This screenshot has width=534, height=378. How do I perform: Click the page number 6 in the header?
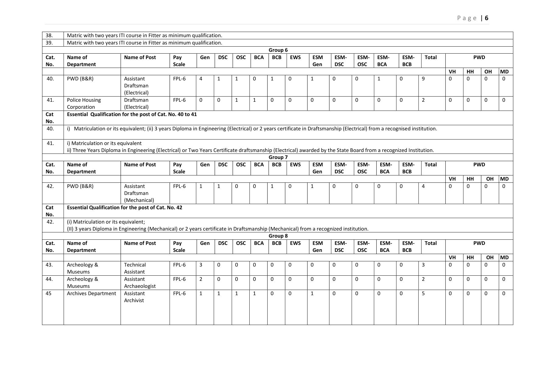[x=487, y=18]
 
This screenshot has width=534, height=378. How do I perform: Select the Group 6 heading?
[x=278, y=50]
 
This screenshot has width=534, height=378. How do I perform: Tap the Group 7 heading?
[x=278, y=157]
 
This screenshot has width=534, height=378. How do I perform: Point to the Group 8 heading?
[x=278, y=236]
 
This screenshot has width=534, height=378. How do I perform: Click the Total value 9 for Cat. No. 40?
[x=423, y=79]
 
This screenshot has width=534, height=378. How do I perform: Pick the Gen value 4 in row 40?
[x=201, y=79]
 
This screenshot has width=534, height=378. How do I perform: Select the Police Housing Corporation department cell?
[x=84, y=103]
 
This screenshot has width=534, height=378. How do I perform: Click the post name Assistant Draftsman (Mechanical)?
[x=139, y=193]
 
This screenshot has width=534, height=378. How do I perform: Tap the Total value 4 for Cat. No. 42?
[x=423, y=186]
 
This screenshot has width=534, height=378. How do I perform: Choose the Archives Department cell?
[x=91, y=293]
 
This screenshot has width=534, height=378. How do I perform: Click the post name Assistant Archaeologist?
[x=140, y=282]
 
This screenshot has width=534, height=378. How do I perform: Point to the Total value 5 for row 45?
[x=423, y=293]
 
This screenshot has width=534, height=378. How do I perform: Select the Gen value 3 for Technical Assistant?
[x=201, y=265]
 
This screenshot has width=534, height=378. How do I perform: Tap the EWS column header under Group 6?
[x=295, y=57]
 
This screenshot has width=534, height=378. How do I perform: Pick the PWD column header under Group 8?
[x=479, y=243]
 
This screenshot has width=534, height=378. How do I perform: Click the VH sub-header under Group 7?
[x=452, y=179]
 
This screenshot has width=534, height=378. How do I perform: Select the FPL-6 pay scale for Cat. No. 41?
[x=179, y=100]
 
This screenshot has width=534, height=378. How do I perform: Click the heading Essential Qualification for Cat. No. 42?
[x=125, y=207]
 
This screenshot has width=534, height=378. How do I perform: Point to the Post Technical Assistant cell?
[x=135, y=268]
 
